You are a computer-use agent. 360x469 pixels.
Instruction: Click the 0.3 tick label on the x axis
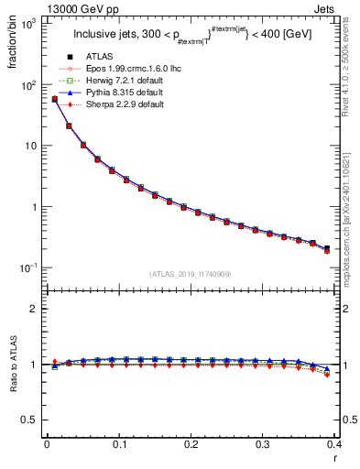pos(263,446)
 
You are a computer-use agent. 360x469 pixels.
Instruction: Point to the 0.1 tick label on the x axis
pos(119,446)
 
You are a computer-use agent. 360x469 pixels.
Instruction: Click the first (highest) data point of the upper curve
pos(54,99)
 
